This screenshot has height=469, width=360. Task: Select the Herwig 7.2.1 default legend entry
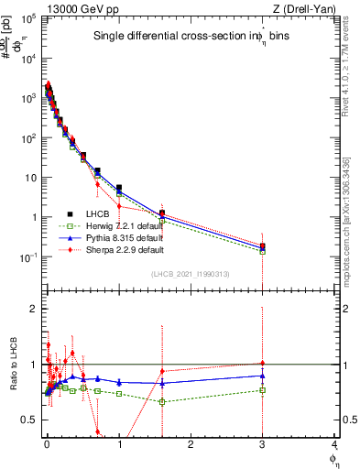point(114,225)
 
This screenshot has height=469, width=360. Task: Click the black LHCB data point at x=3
point(263,245)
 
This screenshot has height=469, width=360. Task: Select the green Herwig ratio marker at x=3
point(263,390)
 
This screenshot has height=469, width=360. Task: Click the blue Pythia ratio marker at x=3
point(263,376)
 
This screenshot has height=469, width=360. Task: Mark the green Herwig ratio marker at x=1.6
point(162,402)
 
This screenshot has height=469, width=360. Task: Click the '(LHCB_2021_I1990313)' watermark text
point(190,275)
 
